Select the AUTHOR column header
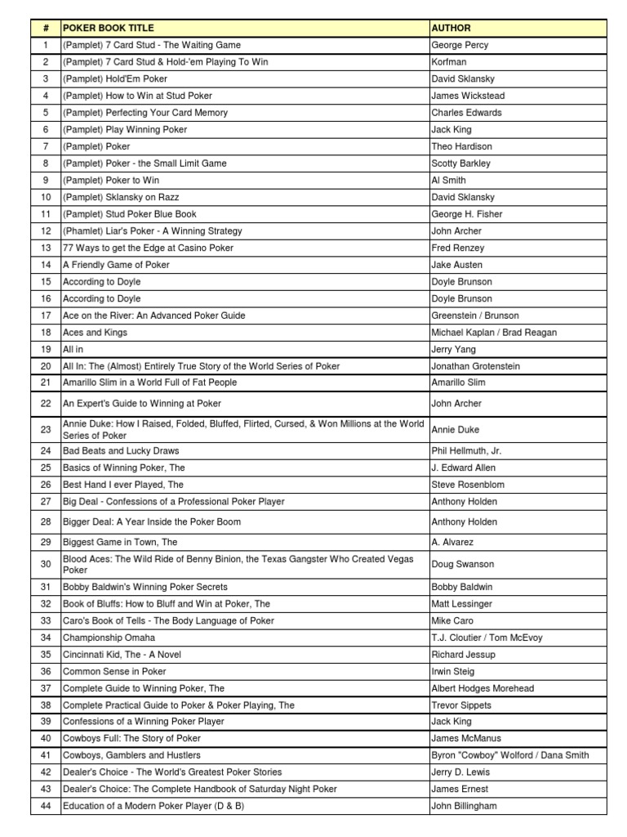[x=451, y=28]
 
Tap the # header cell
[x=46, y=28]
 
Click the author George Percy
[x=460, y=45]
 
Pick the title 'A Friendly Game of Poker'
[x=116, y=265]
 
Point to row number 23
[x=46, y=429]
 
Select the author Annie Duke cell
[x=456, y=429]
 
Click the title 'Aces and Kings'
[x=95, y=333]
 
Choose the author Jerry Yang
[x=453, y=349]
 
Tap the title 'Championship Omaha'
[x=109, y=638]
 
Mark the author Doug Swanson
[x=462, y=564]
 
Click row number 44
[x=46, y=806]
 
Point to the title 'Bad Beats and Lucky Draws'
[x=121, y=450]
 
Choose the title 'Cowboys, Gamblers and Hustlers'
[x=131, y=755]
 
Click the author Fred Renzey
[x=457, y=248]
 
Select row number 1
[x=46, y=45]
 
